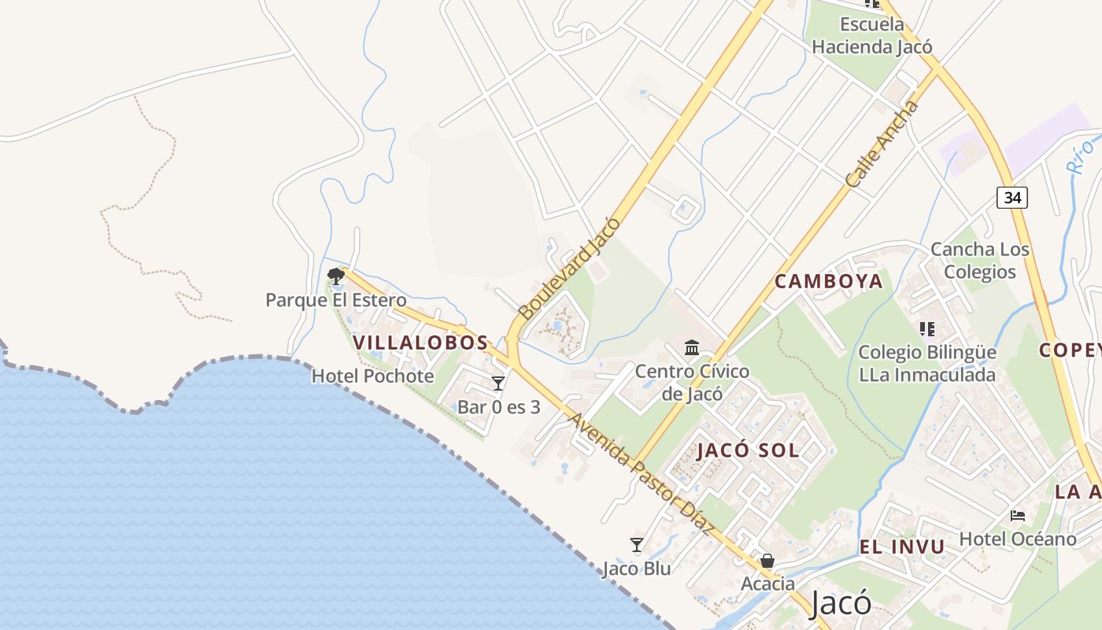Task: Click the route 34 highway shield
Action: point(1012,197)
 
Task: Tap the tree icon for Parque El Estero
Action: point(336,276)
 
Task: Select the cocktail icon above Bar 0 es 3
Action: point(498,384)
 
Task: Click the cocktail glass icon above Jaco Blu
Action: point(637,545)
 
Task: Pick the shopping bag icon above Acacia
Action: point(767,561)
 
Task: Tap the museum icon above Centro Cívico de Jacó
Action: point(692,347)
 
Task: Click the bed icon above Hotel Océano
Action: point(1018,516)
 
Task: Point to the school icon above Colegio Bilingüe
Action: point(926,328)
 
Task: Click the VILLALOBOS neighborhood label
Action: point(420,343)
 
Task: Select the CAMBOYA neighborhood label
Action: point(829,281)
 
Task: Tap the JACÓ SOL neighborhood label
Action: point(748,450)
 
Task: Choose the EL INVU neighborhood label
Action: point(902,547)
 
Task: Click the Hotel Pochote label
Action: point(372,376)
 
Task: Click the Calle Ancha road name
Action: point(882,144)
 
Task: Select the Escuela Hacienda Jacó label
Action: point(872,35)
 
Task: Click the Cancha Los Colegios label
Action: point(980,261)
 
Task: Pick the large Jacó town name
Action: point(841,602)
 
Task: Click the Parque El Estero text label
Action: point(336,300)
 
